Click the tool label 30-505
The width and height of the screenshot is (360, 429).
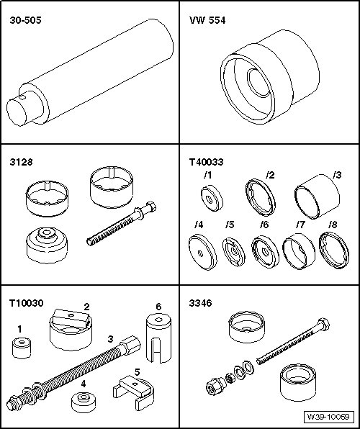click(x=25, y=20)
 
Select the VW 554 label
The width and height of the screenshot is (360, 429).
click(x=207, y=20)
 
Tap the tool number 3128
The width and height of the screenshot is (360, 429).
click(x=21, y=162)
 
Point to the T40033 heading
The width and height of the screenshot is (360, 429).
click(x=206, y=162)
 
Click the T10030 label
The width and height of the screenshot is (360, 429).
click(x=27, y=303)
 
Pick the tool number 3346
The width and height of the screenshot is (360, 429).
click(x=200, y=303)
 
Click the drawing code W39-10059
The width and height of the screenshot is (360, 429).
click(x=328, y=417)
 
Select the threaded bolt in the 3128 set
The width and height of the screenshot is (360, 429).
click(x=121, y=223)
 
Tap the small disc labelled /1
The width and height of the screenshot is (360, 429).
click(x=212, y=198)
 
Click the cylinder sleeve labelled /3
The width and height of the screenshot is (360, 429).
click(x=317, y=197)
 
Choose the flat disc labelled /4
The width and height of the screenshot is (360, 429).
click(x=202, y=252)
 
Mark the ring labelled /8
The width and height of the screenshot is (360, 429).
click(x=334, y=250)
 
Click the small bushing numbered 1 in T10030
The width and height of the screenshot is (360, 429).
click(x=22, y=348)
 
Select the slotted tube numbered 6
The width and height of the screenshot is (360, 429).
click(x=159, y=338)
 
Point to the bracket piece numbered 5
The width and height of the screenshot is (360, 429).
click(x=134, y=392)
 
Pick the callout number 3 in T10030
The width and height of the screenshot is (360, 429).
click(x=110, y=339)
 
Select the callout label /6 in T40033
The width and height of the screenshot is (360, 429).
click(x=264, y=225)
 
